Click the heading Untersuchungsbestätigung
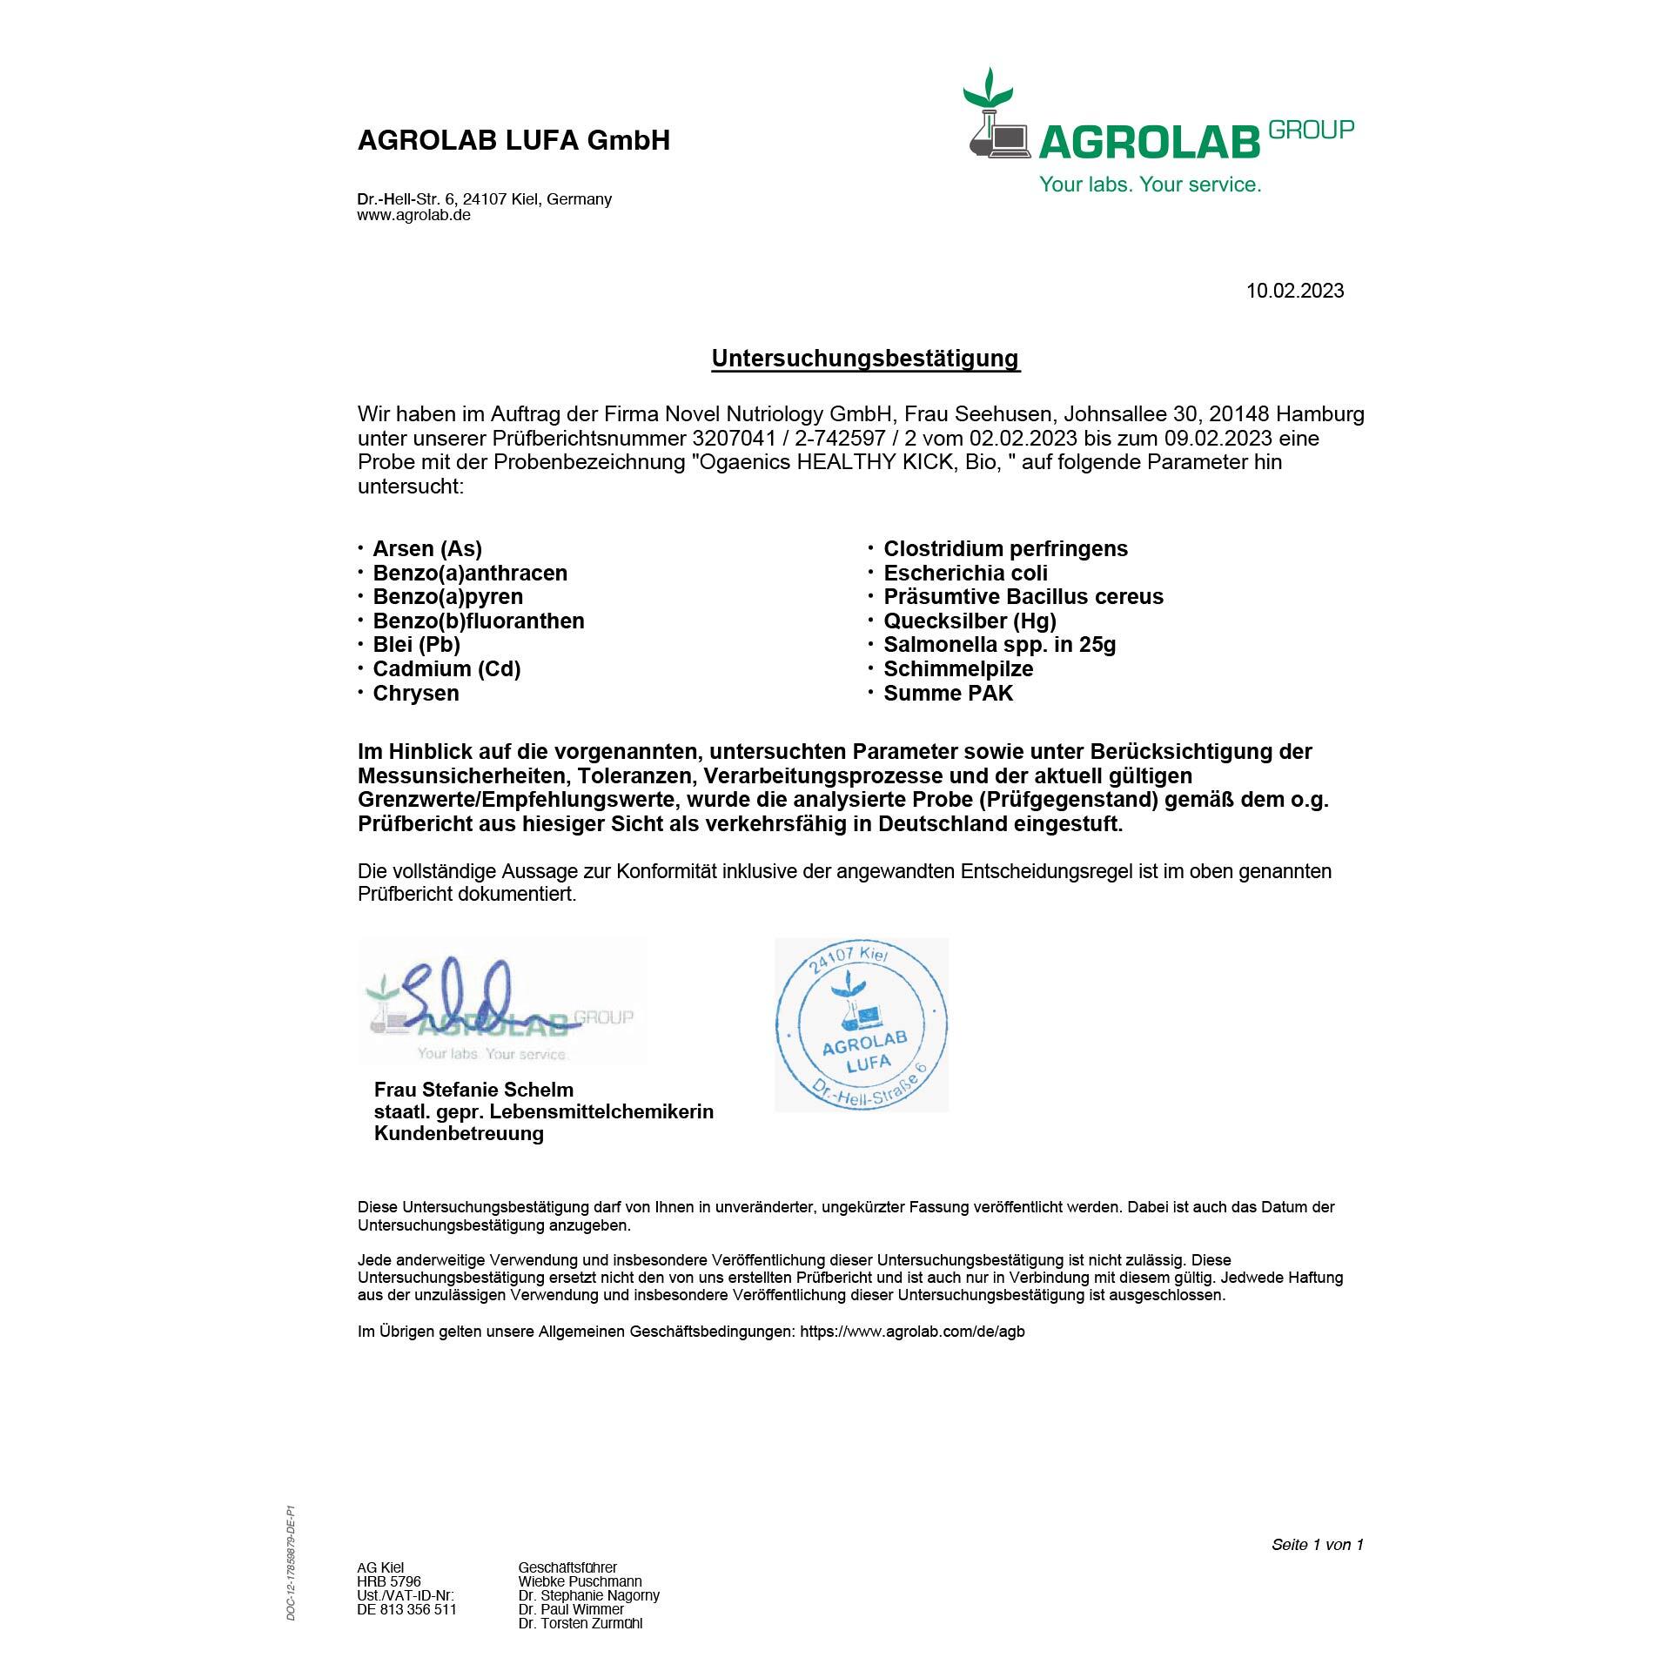click(x=865, y=359)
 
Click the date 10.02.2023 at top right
click(x=1294, y=291)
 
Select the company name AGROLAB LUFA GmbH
click(x=513, y=141)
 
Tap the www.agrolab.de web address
click(x=413, y=215)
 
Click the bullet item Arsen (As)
click(x=426, y=549)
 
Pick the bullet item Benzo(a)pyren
click(x=447, y=597)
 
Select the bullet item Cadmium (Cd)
click(x=446, y=669)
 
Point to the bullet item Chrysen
click(x=415, y=694)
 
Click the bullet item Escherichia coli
click(x=965, y=574)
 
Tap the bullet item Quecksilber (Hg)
click(x=970, y=621)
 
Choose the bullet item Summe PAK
click(x=948, y=694)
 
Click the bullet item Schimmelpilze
click(x=958, y=669)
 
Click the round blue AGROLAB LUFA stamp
click(x=861, y=1024)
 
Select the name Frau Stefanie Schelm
click(x=473, y=1090)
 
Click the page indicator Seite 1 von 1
click(x=1317, y=1545)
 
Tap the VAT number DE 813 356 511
click(x=406, y=1609)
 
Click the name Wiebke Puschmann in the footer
click(x=580, y=1581)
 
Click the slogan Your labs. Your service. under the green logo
click(x=1150, y=185)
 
